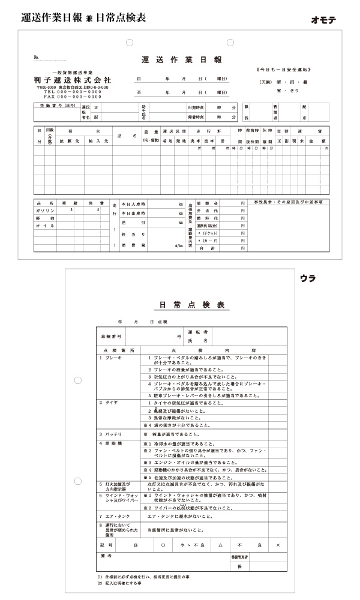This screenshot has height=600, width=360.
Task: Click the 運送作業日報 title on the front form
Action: coord(181,60)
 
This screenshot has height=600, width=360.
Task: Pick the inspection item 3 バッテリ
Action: coord(112,433)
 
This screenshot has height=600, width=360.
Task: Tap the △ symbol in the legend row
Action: coord(221,545)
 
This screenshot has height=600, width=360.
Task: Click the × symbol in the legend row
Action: coord(277,545)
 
